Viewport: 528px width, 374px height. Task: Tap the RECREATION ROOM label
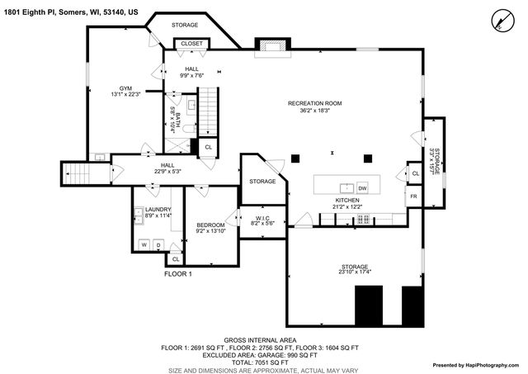tap(314, 103)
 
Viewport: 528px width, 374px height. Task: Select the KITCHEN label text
tap(346, 200)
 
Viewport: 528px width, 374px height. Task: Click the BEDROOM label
tap(210, 225)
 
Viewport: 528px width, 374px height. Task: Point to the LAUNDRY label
tap(157, 210)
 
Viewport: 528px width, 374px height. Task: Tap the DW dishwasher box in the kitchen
tap(362, 189)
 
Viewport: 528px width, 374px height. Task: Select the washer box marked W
tap(144, 245)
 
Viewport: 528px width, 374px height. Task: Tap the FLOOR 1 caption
tap(177, 273)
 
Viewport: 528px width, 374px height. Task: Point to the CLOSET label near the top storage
tap(191, 43)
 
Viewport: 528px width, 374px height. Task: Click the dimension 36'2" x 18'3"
tap(314, 110)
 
